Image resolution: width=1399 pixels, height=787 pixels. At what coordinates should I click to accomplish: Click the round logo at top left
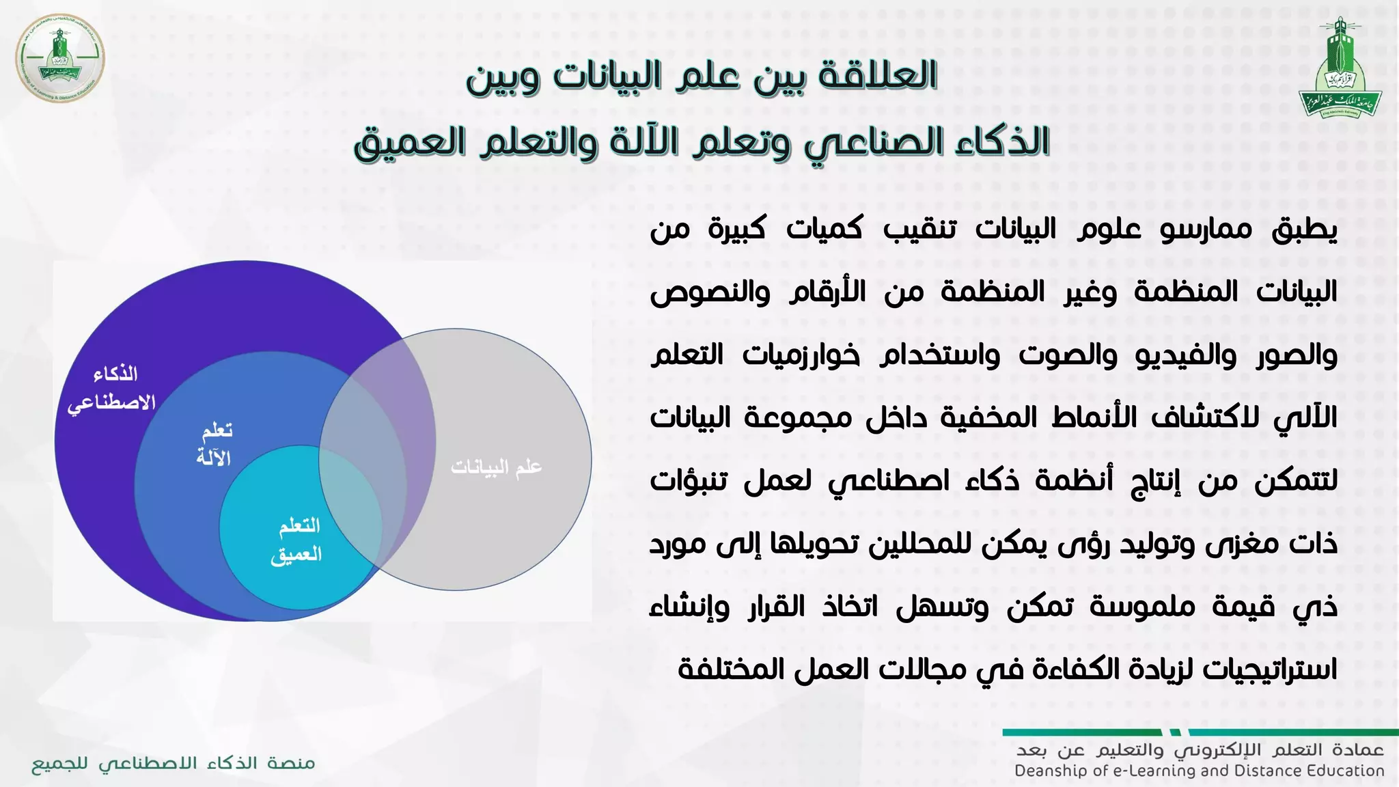tap(59, 58)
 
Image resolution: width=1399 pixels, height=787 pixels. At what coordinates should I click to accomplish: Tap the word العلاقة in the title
tap(877, 75)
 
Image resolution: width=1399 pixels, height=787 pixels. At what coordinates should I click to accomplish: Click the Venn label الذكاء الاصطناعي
tap(113, 388)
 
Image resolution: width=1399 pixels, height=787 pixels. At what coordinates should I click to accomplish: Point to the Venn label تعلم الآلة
tap(215, 444)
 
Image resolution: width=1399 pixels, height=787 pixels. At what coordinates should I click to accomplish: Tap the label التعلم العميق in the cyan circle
tap(298, 540)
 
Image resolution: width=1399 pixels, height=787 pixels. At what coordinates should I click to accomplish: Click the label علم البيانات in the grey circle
tap(497, 467)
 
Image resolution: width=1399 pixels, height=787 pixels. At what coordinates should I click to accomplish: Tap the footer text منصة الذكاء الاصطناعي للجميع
tap(174, 764)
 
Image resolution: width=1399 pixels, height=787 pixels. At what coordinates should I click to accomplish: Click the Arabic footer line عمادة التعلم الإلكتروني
tap(1200, 751)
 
